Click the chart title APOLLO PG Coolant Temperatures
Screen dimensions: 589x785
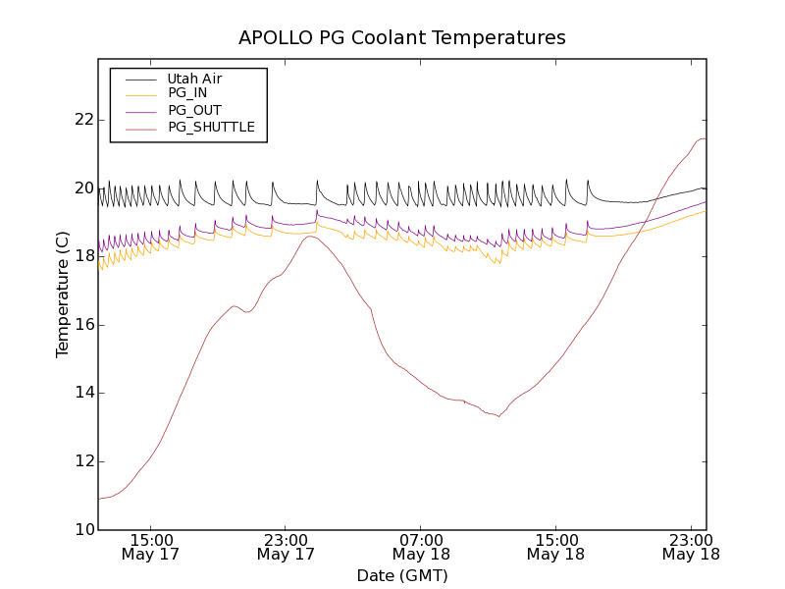pos(402,38)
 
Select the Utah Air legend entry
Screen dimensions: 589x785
pos(194,78)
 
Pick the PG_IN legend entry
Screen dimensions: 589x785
pos(187,93)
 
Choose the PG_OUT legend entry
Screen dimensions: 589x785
pos(194,110)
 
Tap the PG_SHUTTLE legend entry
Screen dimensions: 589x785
pos(211,127)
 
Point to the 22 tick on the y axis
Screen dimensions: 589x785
pos(83,120)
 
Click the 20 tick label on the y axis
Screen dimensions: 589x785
pos(83,188)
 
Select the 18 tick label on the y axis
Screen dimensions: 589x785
pos(83,256)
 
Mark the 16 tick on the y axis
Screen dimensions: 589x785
pos(83,325)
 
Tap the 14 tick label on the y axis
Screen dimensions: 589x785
pos(83,393)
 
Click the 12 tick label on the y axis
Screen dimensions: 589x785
pos(83,461)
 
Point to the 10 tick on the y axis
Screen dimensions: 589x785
pos(83,530)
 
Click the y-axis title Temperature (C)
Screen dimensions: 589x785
pos(63,294)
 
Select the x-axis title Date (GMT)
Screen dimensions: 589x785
pos(402,575)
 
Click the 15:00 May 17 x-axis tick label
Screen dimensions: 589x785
pos(150,547)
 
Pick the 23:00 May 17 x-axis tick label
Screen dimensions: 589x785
pos(286,547)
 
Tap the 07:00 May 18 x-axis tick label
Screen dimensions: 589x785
pos(421,547)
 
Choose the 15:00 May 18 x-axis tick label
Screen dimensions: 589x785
pos(555,547)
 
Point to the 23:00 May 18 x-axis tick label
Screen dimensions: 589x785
pos(691,547)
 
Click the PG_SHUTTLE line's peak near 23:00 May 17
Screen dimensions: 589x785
pos(310,236)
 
